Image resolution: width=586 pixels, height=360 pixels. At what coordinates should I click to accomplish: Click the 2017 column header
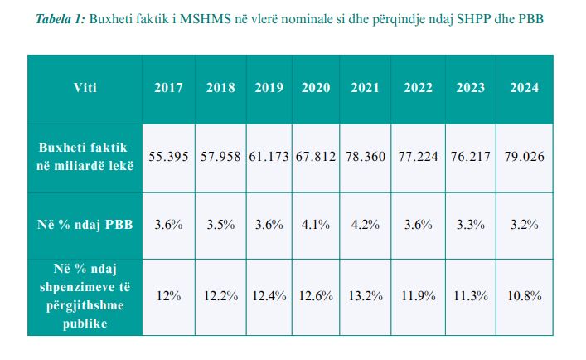(x=168, y=88)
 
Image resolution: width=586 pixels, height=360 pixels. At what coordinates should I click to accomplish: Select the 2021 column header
(x=366, y=88)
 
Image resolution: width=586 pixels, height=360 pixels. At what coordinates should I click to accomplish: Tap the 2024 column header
(x=525, y=88)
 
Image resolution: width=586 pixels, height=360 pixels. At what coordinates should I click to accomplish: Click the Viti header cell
(x=85, y=88)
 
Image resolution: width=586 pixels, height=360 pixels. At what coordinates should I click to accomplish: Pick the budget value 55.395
(x=168, y=156)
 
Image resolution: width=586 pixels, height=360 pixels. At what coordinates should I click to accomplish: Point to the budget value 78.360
(x=366, y=156)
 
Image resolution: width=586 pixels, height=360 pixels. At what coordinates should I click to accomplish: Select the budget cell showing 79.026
(x=525, y=156)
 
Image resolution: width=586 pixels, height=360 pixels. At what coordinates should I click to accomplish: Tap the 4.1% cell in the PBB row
(x=316, y=225)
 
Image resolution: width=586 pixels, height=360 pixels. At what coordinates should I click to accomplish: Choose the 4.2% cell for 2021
(x=366, y=225)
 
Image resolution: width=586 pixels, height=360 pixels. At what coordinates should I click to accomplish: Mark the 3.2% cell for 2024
(x=525, y=225)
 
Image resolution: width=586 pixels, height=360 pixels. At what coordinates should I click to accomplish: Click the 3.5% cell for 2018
(x=220, y=225)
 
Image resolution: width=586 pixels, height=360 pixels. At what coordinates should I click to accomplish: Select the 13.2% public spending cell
(x=366, y=296)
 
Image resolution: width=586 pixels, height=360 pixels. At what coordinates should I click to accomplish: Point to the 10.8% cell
(x=525, y=296)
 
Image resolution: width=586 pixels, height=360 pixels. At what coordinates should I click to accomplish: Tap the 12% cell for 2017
(x=168, y=296)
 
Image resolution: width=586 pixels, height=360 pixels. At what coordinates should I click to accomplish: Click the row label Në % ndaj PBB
(x=85, y=225)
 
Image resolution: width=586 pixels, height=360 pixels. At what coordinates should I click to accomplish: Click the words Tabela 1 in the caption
(x=61, y=18)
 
